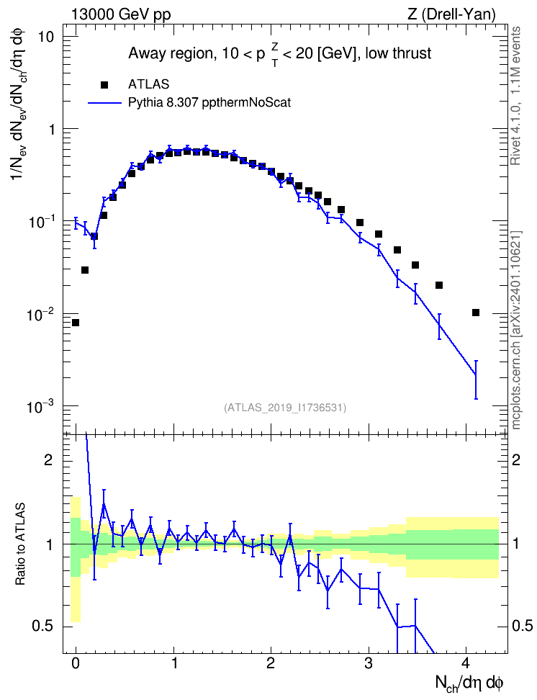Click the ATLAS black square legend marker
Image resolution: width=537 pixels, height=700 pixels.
point(104,85)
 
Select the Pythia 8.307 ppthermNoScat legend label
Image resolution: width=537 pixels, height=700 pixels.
point(209,103)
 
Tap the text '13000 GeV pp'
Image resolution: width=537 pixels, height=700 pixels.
point(121,15)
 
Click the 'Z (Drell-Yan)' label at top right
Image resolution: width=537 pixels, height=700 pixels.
point(451,14)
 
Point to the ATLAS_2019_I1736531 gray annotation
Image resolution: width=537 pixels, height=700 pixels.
point(285,408)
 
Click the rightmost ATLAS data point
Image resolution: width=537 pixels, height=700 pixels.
point(475,313)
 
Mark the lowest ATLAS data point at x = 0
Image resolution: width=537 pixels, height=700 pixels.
point(76,323)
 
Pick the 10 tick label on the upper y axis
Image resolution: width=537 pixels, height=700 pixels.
point(45,37)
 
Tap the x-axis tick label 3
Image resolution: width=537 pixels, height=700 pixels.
point(369,663)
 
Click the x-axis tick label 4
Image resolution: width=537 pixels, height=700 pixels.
point(466,663)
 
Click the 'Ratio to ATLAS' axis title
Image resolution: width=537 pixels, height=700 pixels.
point(21,544)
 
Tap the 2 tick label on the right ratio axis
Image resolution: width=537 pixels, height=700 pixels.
point(516,460)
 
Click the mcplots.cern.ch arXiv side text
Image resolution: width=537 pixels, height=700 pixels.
point(516,331)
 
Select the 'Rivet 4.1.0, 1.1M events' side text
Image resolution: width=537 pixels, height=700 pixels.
point(516,96)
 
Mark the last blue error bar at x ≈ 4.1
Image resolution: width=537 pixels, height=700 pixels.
point(476,380)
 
